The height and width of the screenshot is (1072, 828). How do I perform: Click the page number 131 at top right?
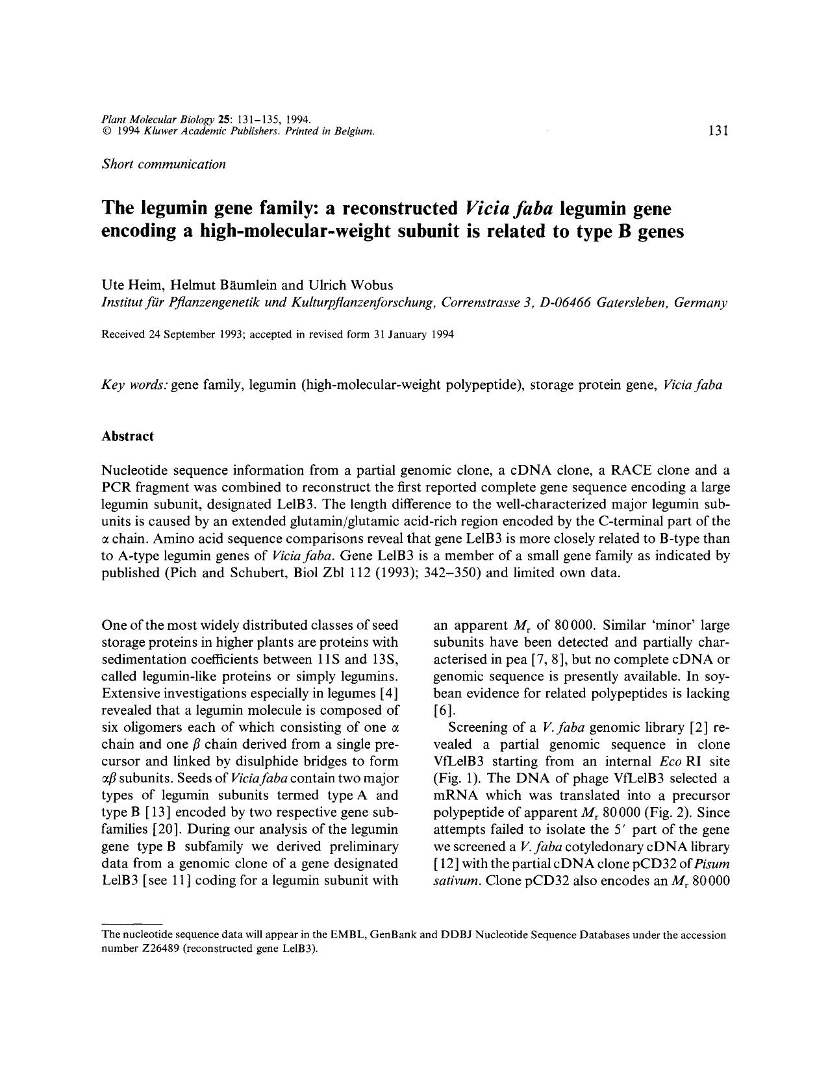click(x=718, y=131)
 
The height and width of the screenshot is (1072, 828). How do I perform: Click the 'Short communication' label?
click(x=164, y=164)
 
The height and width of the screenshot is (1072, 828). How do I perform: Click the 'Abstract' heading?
click(x=127, y=436)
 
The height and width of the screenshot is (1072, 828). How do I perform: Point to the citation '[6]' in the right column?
click(x=441, y=710)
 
